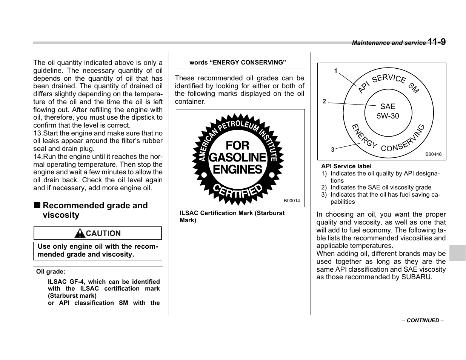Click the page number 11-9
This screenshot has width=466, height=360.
[x=437, y=42]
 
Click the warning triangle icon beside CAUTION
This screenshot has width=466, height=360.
[x=80, y=234]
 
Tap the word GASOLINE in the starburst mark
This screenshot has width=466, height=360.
[x=237, y=157]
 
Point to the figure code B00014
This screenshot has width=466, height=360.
[x=292, y=201]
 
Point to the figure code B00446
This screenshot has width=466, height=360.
[x=433, y=154]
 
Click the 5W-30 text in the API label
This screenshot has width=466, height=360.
[x=388, y=116]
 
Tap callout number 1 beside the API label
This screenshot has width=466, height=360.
[x=335, y=71]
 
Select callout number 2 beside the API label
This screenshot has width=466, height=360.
[x=324, y=102]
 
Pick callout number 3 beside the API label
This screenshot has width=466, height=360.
[x=332, y=149]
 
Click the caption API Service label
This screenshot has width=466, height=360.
[x=346, y=166]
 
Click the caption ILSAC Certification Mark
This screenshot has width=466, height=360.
[x=232, y=213]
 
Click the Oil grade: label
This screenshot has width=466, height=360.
[x=51, y=271]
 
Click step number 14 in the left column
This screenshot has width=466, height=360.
[x=37, y=157]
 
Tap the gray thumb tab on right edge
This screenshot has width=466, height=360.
[x=457, y=253]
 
